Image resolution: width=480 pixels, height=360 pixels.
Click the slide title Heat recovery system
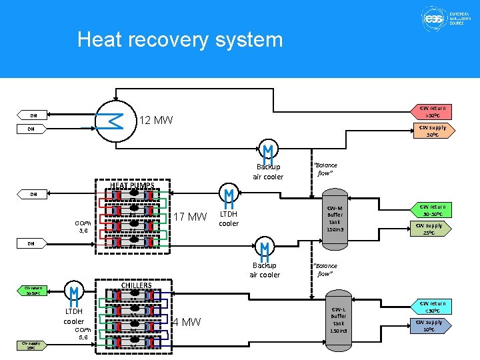(180, 39)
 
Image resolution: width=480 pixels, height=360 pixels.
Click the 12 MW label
(155, 121)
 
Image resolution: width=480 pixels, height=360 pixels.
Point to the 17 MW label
(190, 217)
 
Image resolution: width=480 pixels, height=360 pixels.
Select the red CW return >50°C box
(433, 111)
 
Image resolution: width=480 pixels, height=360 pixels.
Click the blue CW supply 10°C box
(429, 326)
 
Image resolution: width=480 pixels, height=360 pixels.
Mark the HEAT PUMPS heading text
(132, 185)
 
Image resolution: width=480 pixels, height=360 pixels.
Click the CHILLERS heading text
(136, 285)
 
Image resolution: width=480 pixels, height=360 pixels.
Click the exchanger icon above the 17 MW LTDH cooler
(229, 196)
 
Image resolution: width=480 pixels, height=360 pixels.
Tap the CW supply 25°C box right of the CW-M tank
(429, 229)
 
